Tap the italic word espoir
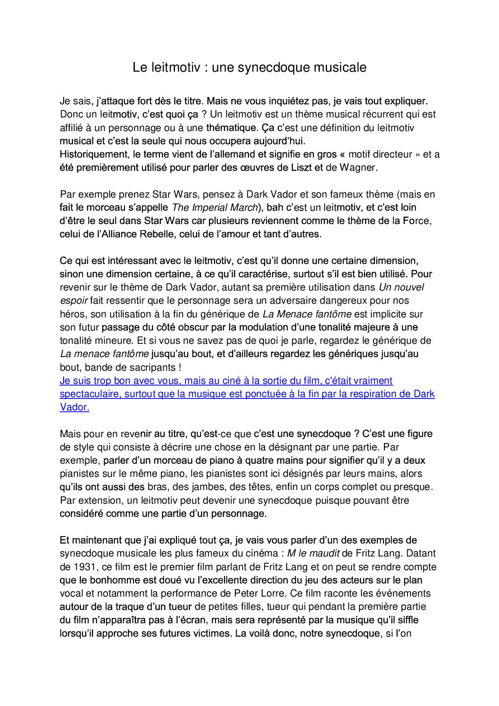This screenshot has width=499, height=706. [74, 301]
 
